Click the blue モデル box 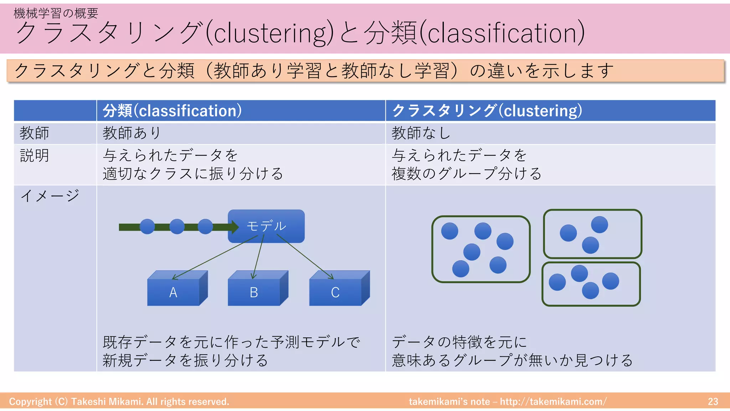coord(266,226)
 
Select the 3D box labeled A coord(174,292)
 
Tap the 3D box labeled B coord(254,292)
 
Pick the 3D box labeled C coord(335,292)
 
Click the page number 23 coord(713,401)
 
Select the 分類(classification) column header coord(172,111)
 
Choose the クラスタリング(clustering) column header coord(487,111)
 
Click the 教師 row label coord(34,133)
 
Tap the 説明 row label coord(34,156)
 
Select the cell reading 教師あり coord(132,133)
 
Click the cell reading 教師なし coord(421,133)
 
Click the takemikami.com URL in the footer coord(553,401)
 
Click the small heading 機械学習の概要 coord(56,13)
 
